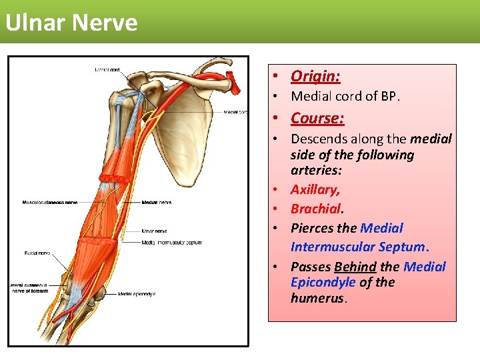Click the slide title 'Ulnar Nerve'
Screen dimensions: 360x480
tap(71, 23)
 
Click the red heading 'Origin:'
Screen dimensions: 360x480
tap(315, 77)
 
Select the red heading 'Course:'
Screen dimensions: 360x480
tap(317, 119)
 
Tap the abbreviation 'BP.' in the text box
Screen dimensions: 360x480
tap(391, 97)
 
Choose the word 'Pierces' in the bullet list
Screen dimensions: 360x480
tap(313, 228)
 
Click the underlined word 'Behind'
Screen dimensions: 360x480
tap(355, 267)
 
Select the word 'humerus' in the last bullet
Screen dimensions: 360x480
tap(317, 298)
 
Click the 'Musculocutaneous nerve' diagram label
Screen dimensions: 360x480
tap(49, 202)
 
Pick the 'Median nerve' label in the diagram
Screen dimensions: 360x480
tap(157, 202)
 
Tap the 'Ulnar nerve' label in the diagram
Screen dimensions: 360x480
tap(155, 231)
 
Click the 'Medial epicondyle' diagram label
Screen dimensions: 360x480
tap(137, 293)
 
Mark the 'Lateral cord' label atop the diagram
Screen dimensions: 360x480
tap(107, 69)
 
